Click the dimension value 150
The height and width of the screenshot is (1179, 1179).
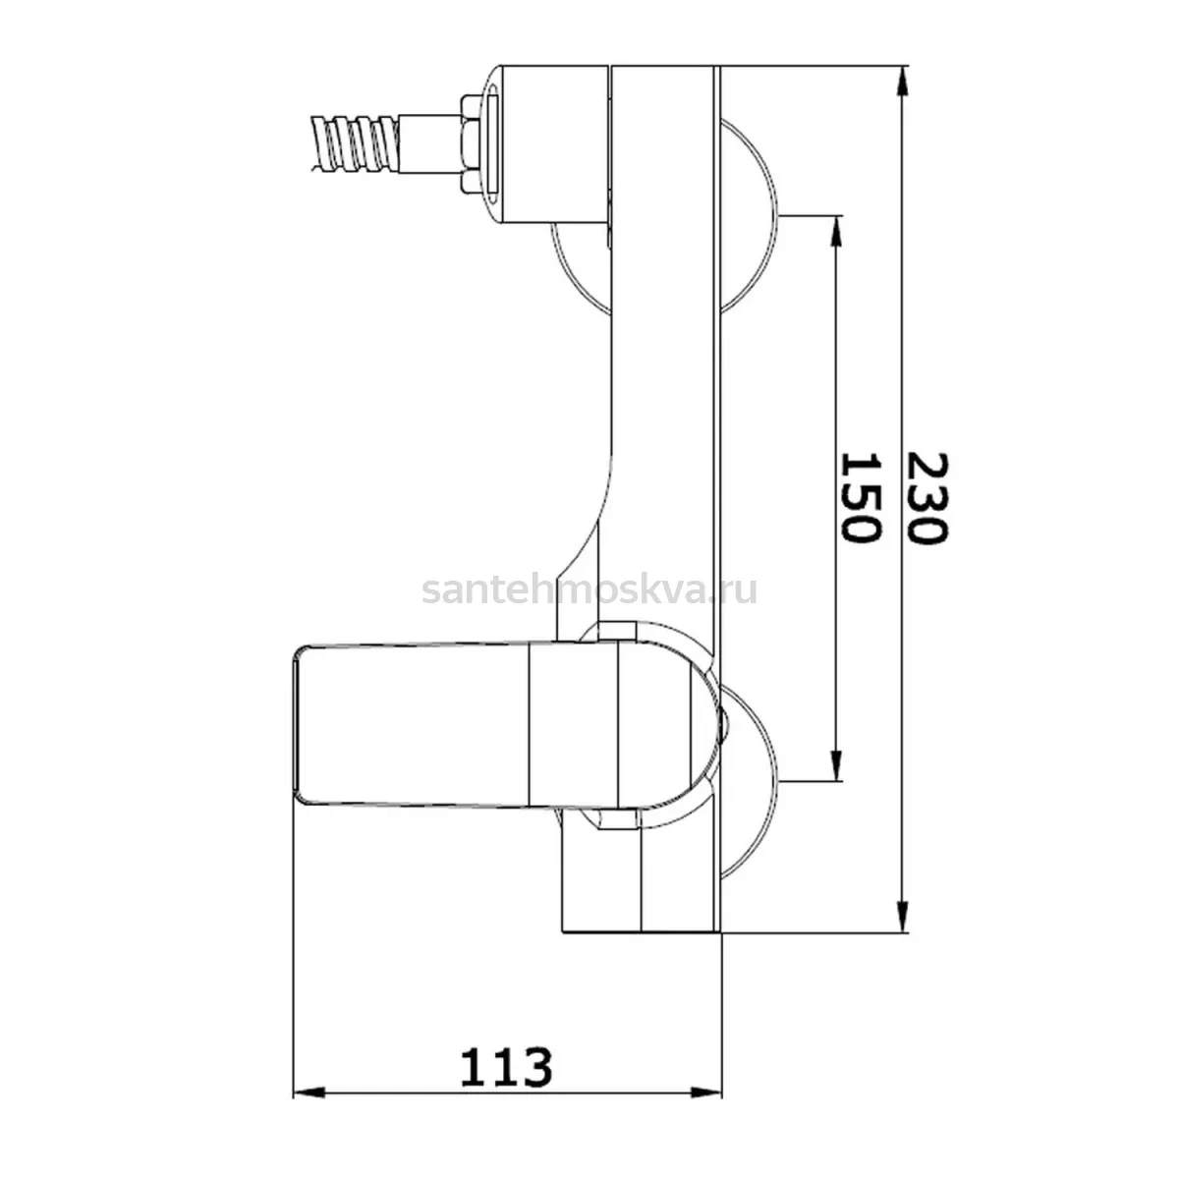click(x=862, y=497)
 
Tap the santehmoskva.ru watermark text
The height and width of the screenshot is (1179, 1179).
click(x=589, y=590)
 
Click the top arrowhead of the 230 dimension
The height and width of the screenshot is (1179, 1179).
click(x=902, y=81)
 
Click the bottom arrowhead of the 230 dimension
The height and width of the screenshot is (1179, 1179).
click(x=902, y=917)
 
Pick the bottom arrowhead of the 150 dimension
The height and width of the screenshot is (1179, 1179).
click(x=836, y=765)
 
